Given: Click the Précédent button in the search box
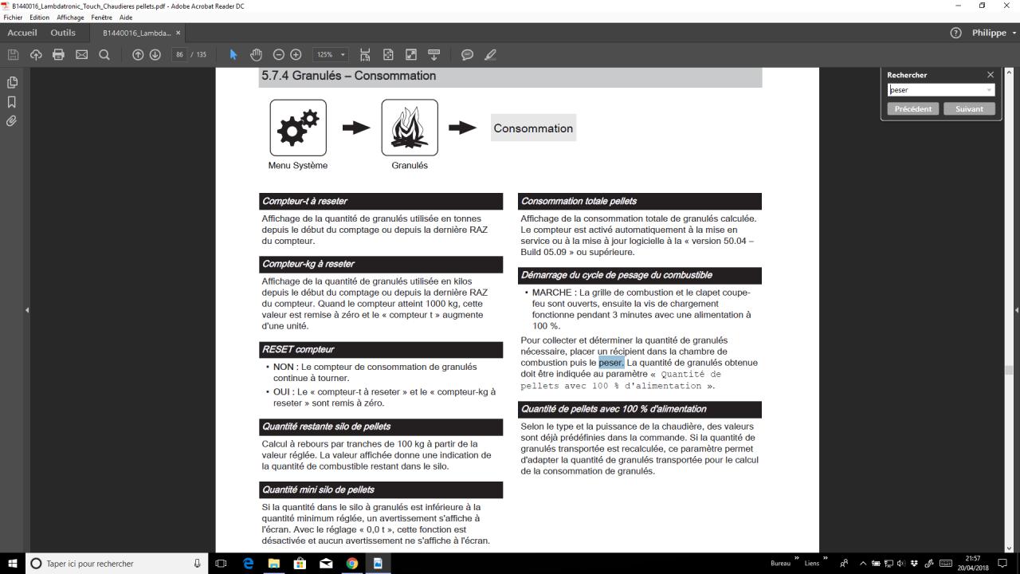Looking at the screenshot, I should [912, 109].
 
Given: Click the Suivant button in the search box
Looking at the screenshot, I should [969, 109].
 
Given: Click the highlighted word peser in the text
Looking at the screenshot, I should [611, 363].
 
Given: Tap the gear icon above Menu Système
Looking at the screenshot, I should [298, 128].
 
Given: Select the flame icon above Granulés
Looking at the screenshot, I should [410, 128].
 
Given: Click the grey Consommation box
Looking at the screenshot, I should [533, 128].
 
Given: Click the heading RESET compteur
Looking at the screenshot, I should [299, 349].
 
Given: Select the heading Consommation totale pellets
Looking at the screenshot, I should [579, 201].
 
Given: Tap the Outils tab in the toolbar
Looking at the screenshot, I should [63, 33].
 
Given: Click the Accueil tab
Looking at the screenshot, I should [22, 33].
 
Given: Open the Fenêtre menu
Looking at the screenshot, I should [101, 18].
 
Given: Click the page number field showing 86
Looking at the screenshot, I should [180, 54].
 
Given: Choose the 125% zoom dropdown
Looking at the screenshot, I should [331, 54].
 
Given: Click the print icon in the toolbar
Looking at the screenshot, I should [58, 54].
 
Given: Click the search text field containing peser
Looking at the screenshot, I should [936, 90].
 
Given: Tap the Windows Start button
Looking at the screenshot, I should [13, 564].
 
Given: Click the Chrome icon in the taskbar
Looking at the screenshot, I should [351, 564].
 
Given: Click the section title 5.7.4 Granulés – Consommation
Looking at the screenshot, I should [348, 76].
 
